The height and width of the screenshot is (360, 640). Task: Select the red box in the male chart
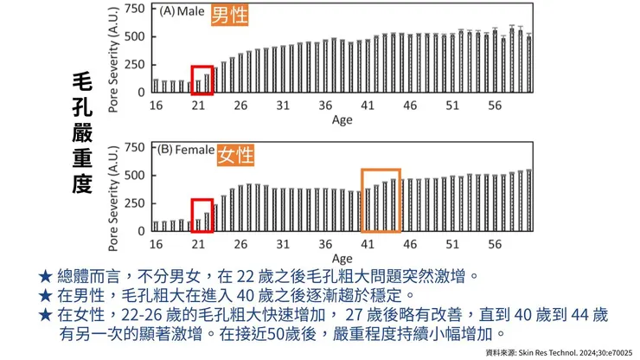point(202,80)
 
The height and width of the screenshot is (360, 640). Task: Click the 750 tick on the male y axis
point(134,9)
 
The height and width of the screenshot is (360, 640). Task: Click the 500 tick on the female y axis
point(134,175)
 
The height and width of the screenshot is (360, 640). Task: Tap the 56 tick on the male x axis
point(495,106)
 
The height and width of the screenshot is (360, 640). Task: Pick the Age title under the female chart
point(342,259)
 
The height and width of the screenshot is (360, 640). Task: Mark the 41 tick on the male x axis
point(368,106)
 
